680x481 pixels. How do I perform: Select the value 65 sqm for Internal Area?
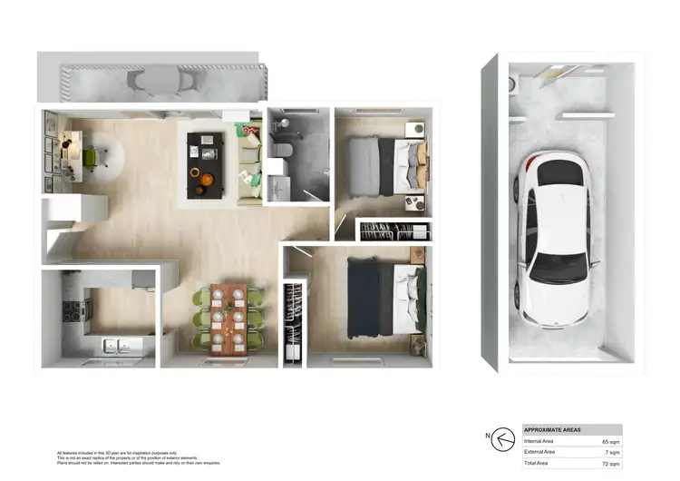click(x=608, y=440)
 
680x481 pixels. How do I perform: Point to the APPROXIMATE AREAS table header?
click(x=554, y=429)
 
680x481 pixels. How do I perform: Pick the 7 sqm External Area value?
click(x=610, y=451)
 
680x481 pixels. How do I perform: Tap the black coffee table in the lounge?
click(x=204, y=163)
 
